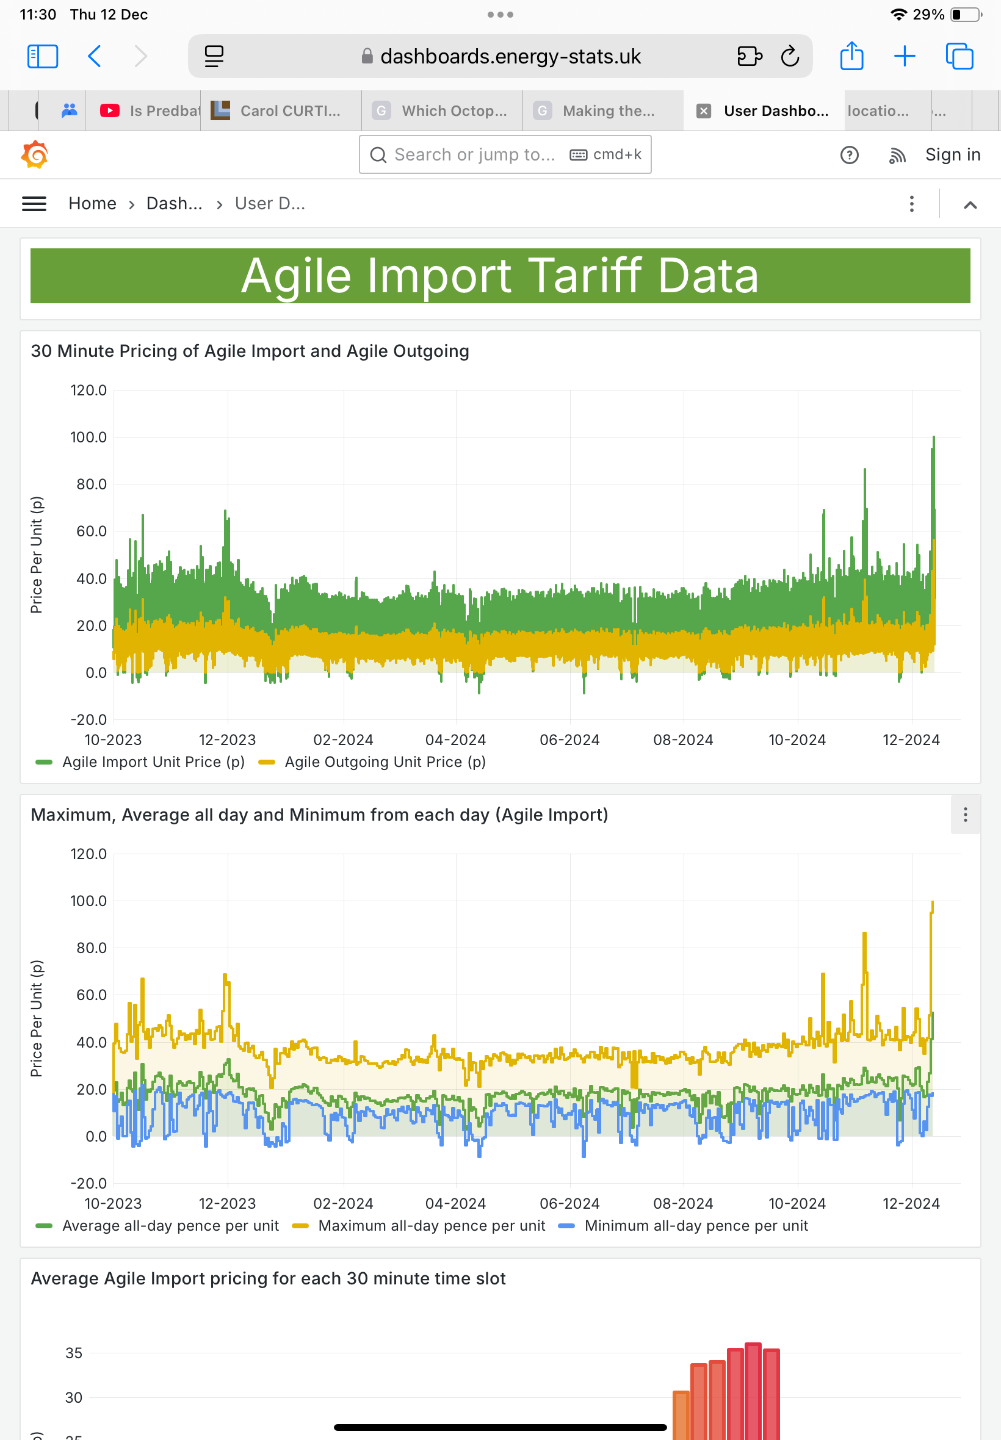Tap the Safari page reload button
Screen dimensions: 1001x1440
point(790,56)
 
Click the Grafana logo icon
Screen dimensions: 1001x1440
point(35,155)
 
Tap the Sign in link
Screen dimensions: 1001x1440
point(952,155)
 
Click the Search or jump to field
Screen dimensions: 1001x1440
point(505,155)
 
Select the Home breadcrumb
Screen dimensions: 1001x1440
point(92,204)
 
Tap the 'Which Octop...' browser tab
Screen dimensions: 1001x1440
point(442,111)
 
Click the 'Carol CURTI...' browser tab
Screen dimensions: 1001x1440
point(281,111)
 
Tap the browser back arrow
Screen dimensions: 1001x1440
point(95,56)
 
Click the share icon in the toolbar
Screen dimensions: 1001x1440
point(851,56)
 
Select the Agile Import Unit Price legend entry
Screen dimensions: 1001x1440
point(140,761)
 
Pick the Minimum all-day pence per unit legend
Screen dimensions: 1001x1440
point(683,1226)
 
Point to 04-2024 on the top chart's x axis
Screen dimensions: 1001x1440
point(455,740)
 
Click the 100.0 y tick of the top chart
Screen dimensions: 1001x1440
point(89,437)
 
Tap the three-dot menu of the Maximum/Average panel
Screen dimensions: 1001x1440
point(965,815)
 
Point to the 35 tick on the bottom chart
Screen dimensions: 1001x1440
point(74,1353)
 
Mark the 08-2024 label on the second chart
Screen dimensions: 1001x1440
point(683,1204)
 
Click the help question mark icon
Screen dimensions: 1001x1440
point(849,155)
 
